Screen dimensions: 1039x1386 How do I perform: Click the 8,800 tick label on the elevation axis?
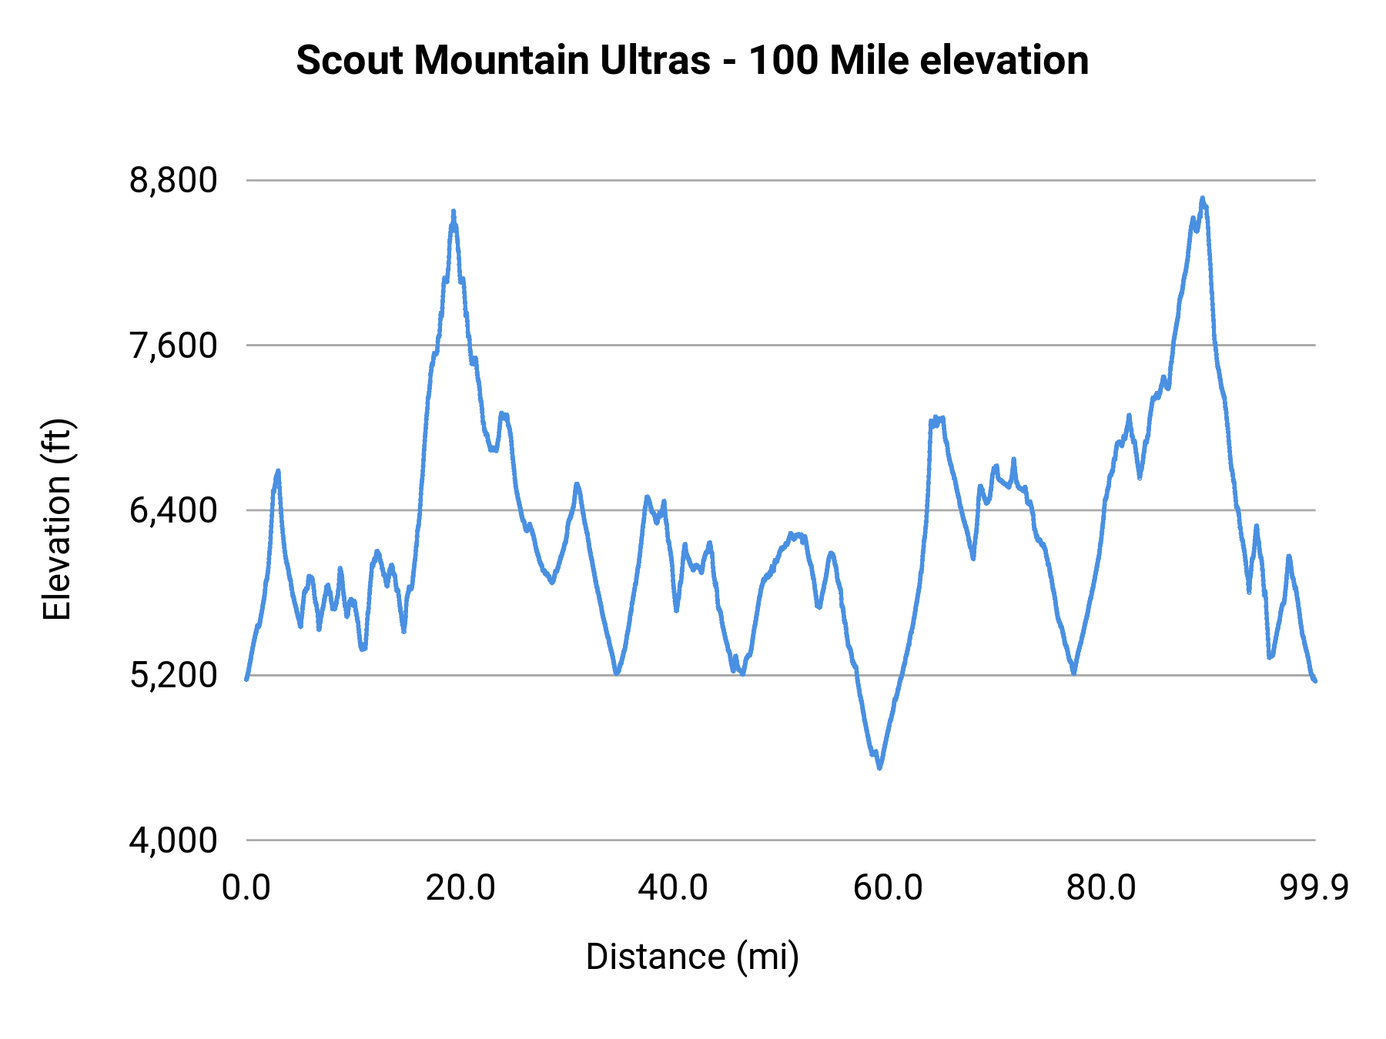[173, 181]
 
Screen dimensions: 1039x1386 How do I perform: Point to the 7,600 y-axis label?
[173, 346]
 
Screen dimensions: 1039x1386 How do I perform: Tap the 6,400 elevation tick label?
[173, 510]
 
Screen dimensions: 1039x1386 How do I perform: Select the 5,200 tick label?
[173, 676]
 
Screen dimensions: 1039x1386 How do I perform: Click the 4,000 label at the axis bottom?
[173, 840]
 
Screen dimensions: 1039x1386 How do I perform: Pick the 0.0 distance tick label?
[246, 888]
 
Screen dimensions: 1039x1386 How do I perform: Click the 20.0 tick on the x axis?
[460, 888]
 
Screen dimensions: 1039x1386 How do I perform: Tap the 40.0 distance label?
[674, 888]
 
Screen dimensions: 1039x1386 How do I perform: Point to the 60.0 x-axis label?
[888, 888]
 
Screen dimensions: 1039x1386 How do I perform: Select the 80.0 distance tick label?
[1101, 888]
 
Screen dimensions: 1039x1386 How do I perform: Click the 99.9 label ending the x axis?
[1314, 888]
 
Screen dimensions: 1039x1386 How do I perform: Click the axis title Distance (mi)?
[692, 957]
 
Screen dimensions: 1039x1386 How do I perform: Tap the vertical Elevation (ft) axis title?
[57, 519]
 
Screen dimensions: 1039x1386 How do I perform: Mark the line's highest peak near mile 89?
[1202, 199]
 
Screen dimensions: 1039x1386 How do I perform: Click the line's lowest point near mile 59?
[879, 767]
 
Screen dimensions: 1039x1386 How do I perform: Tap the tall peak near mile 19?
[454, 211]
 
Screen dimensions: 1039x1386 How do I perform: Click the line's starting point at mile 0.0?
[246, 679]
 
